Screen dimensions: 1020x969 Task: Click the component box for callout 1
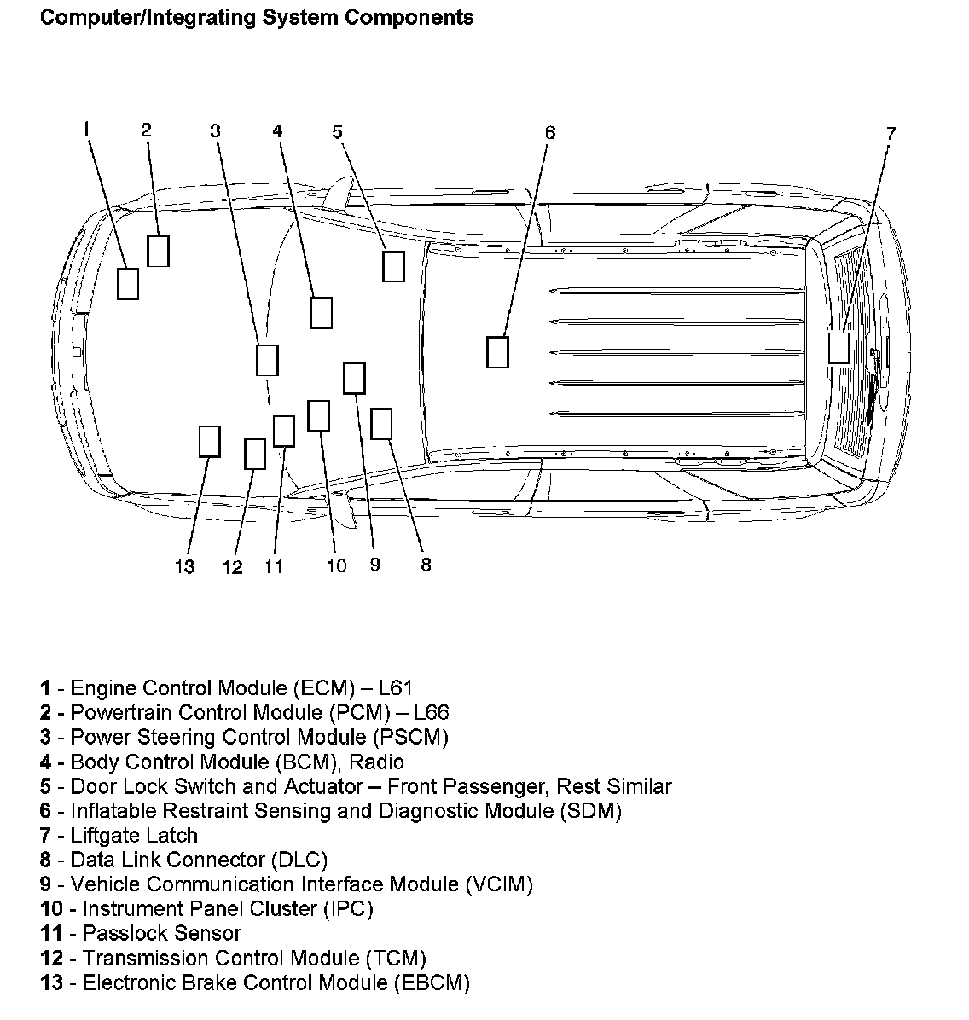click(127, 283)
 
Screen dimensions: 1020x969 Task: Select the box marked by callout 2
click(158, 251)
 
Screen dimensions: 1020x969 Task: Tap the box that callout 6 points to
click(497, 351)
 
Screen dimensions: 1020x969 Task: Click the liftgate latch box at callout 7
click(839, 348)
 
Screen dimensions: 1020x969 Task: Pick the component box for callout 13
click(209, 441)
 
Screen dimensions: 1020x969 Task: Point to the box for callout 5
click(393, 266)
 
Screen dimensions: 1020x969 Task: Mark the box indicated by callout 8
click(381, 423)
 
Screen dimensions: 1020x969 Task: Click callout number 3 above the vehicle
click(215, 130)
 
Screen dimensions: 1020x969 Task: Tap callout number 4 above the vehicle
click(277, 130)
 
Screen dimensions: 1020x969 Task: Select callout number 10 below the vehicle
click(336, 565)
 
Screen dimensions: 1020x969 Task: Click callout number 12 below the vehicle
click(233, 567)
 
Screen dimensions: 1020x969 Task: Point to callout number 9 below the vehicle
click(375, 565)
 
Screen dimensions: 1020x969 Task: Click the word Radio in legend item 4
click(376, 762)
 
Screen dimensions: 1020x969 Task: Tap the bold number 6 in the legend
click(45, 811)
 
